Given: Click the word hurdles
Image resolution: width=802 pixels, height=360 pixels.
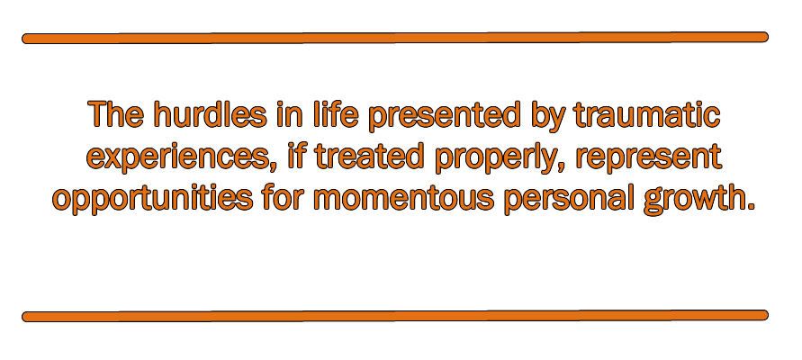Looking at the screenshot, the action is click(211, 114).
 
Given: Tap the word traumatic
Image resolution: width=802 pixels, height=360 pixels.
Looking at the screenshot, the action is click(647, 114).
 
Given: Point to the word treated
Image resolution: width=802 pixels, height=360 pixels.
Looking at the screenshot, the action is click(369, 156).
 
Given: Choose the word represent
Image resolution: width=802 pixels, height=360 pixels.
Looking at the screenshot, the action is click(649, 157).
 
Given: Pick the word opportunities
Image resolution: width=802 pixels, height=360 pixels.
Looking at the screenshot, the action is click(152, 198).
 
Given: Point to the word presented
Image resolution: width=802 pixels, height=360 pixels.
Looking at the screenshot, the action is click(444, 115).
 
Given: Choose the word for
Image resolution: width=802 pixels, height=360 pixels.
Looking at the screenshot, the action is click(284, 197).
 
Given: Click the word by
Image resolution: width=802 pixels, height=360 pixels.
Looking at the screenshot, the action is click(547, 116).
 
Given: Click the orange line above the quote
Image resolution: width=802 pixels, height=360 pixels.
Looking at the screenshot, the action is click(395, 38).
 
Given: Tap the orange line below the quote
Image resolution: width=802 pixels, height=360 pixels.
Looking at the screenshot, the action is click(395, 316).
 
